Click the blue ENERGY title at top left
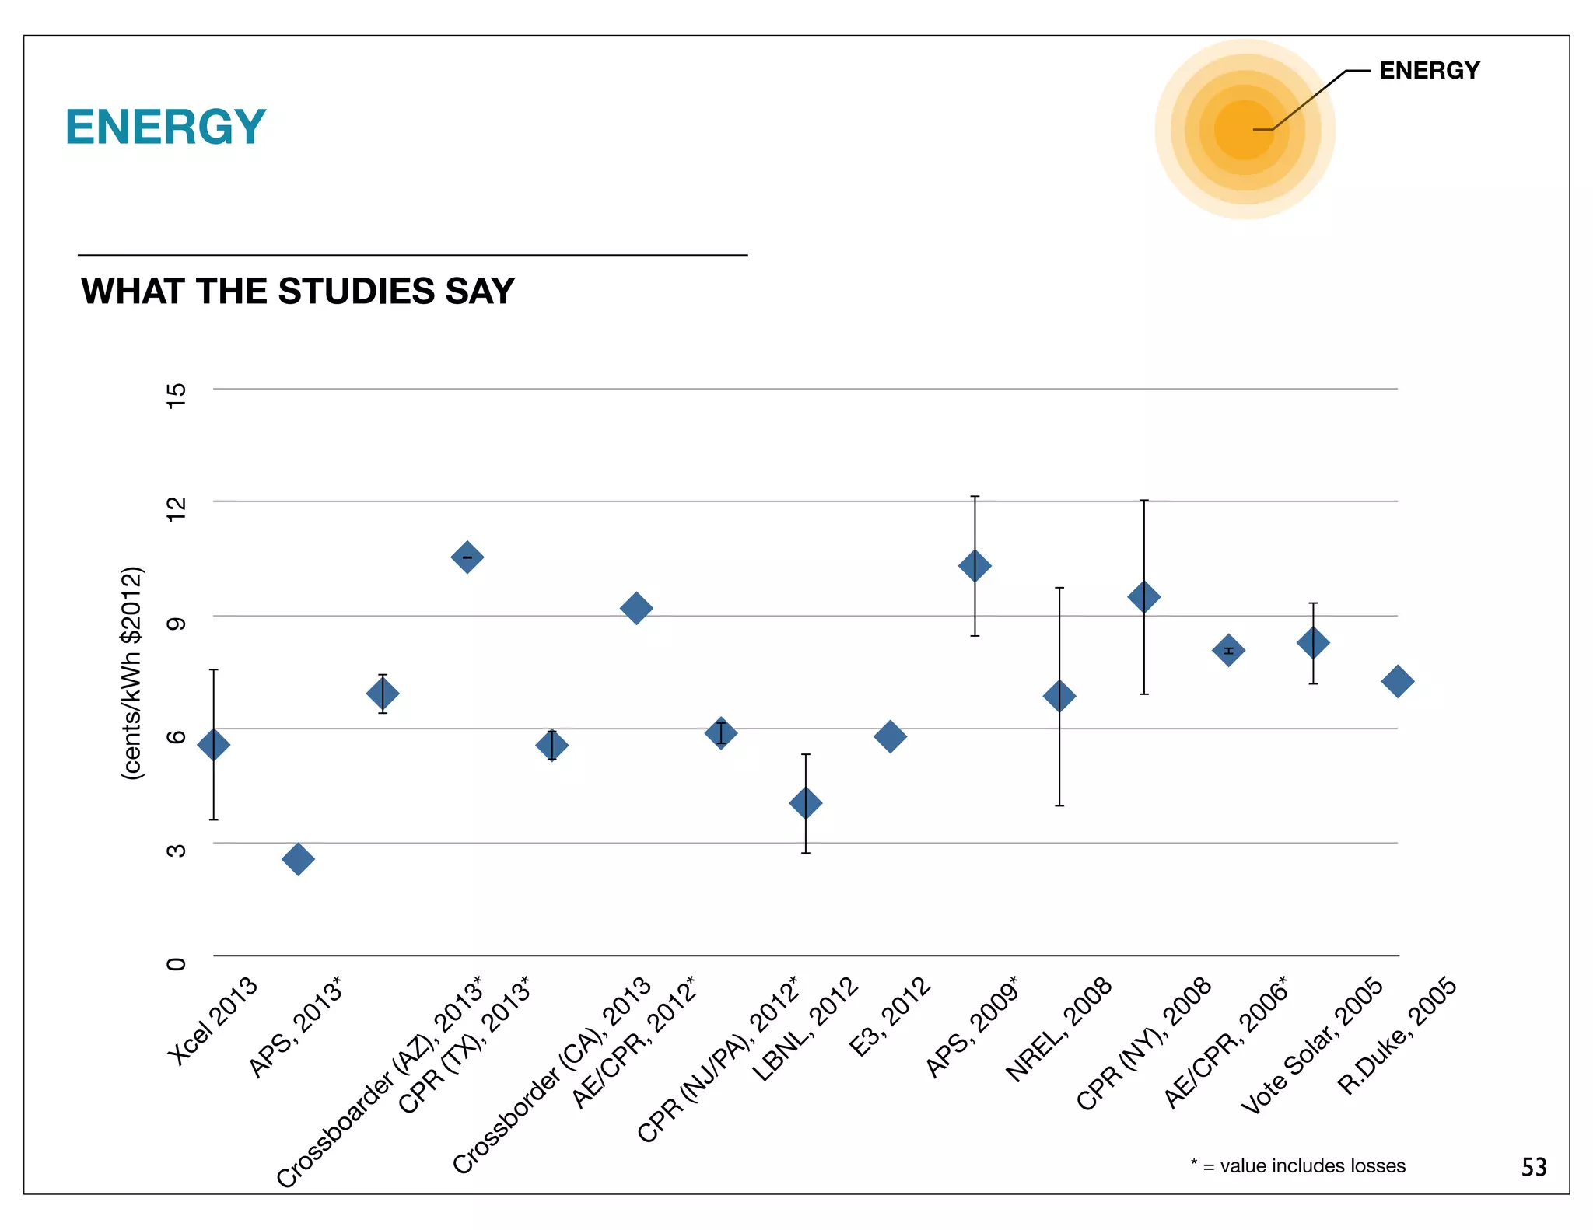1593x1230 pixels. (x=165, y=127)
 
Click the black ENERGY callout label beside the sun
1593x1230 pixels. (x=1429, y=71)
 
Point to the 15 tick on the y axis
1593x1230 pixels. (x=177, y=390)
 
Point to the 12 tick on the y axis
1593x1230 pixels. (x=177, y=502)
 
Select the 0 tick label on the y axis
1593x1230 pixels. (x=177, y=963)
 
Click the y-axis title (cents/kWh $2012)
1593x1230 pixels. (x=133, y=673)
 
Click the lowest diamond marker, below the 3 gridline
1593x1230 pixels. (x=298, y=859)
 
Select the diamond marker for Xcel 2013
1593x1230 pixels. (x=214, y=745)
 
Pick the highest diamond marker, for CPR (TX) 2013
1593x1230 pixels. (x=467, y=557)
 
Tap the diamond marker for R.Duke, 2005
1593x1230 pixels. (x=1397, y=682)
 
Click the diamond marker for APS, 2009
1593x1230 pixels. (x=975, y=566)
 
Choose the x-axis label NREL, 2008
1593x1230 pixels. (x=1059, y=1030)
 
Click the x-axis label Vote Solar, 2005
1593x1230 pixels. (x=1312, y=1046)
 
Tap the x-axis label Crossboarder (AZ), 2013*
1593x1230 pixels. (x=380, y=1082)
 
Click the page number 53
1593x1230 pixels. (x=1533, y=1167)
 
